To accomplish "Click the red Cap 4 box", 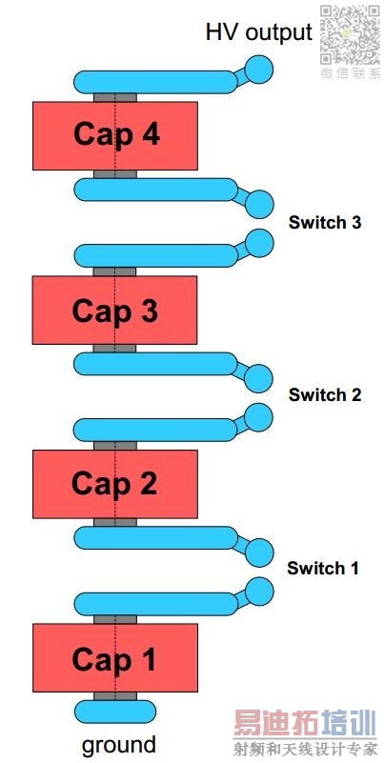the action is (115, 136).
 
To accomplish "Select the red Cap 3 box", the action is (115, 310).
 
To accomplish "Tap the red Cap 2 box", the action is (115, 484).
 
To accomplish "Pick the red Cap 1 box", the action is (115, 658).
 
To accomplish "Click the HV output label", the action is (258, 32).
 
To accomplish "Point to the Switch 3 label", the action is (325, 222).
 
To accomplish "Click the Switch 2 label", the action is (325, 394).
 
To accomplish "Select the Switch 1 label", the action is (323, 568).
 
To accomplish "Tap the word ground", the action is (119, 746).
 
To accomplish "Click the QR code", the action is (350, 35).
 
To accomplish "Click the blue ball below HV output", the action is (259, 70).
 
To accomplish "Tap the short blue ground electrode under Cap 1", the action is (115, 712).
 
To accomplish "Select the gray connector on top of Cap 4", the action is (115, 97).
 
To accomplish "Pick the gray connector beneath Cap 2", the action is (115, 522).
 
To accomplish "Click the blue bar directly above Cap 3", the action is (155, 256).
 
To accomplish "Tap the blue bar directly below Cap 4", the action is (155, 190).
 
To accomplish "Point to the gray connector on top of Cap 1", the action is (115, 619).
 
